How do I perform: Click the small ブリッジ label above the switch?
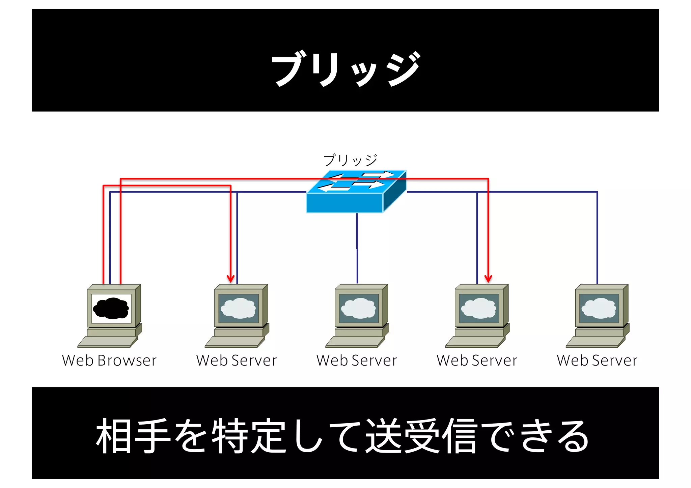(350, 160)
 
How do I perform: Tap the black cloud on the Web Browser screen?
(111, 308)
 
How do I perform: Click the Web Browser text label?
(109, 361)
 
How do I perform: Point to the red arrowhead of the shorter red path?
(230, 279)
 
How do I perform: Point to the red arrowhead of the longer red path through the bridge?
(488, 279)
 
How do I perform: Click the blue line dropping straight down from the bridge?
(357, 246)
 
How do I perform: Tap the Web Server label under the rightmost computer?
(597, 361)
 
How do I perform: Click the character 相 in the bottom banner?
(114, 436)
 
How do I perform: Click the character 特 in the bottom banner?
(229, 436)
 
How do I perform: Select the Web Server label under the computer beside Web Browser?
(236, 361)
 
